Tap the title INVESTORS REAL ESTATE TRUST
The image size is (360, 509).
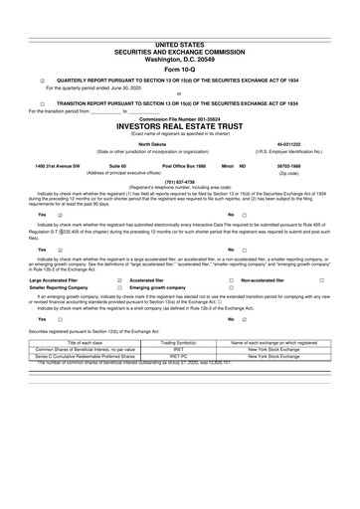179,128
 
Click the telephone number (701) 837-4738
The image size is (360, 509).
179,180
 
